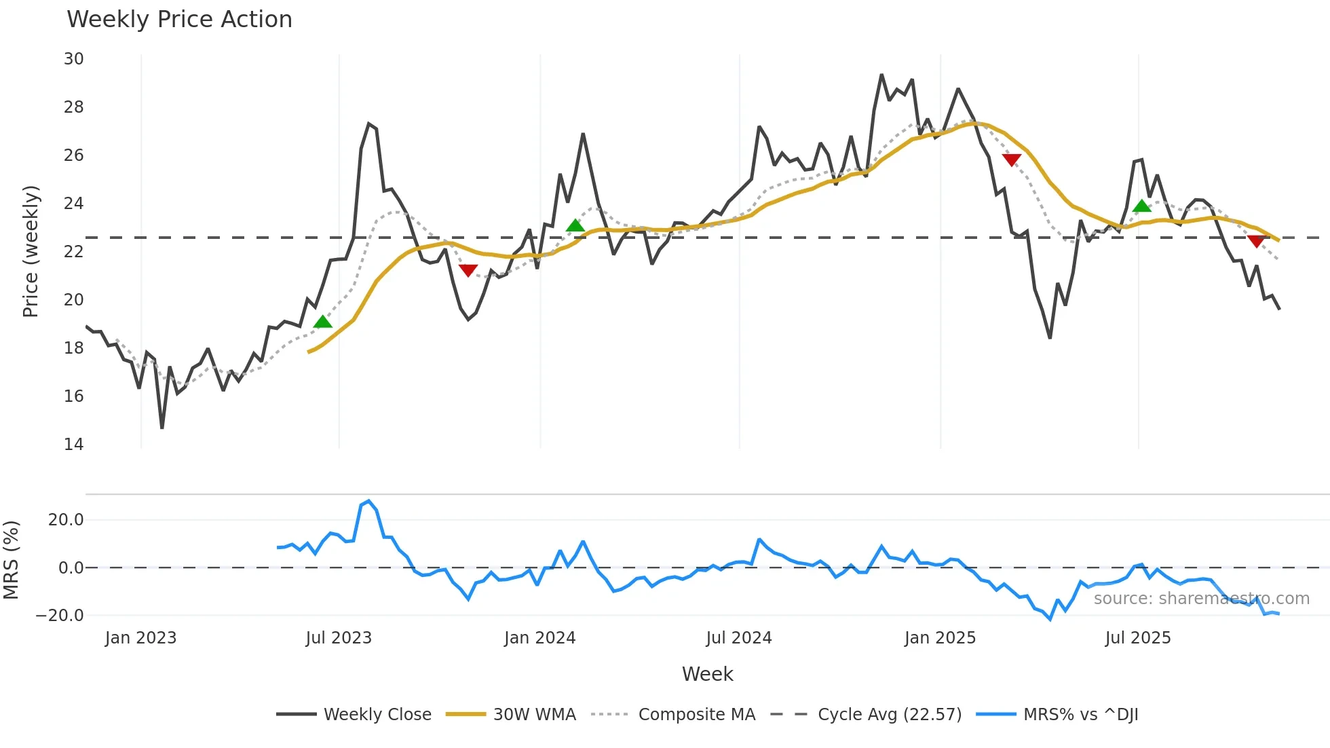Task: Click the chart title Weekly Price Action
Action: [x=179, y=20]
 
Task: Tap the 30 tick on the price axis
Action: [x=74, y=59]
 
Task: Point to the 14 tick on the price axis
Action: [x=74, y=444]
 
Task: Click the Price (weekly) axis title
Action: [x=31, y=251]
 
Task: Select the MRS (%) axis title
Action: [x=11, y=560]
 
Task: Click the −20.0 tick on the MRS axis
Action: [x=60, y=616]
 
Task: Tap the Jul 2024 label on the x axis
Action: [x=738, y=638]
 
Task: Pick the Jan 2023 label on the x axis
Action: [x=140, y=638]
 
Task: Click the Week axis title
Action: [x=707, y=674]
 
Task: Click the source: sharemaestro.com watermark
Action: [x=1201, y=599]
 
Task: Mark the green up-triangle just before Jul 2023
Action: [x=323, y=322]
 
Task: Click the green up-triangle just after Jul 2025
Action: [x=1142, y=206]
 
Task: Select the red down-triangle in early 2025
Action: [x=1011, y=160]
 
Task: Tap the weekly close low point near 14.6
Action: [x=162, y=428]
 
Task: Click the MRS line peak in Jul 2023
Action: [x=368, y=501]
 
